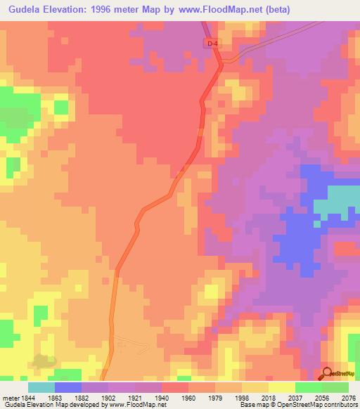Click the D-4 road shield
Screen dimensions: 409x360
[212, 44]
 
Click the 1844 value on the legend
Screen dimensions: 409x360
[29, 397]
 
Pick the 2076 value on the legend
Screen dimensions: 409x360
[348, 397]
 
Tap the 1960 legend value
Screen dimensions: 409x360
[188, 397]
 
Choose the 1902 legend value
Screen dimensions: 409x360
[108, 397]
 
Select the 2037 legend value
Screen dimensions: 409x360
[295, 397]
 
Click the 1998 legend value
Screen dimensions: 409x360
[241, 397]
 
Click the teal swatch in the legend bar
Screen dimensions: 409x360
[41, 387]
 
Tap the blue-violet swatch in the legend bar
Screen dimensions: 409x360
[68, 387]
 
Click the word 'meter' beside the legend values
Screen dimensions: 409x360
[10, 397]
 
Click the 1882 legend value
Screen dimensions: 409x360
[82, 397]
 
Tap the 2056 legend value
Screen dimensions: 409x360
[321, 397]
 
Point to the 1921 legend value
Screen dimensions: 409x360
[135, 397]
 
